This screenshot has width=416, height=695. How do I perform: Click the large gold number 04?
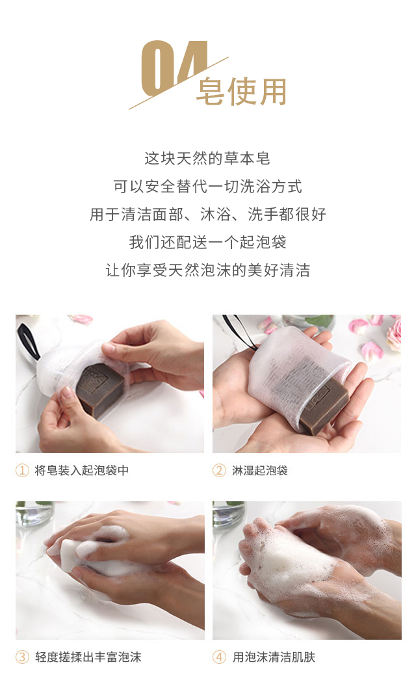click(x=174, y=68)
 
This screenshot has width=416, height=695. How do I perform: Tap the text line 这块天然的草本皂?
click(x=207, y=158)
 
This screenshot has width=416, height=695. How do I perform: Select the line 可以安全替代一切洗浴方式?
click(x=207, y=186)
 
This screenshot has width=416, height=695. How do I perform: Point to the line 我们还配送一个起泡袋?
click(x=207, y=242)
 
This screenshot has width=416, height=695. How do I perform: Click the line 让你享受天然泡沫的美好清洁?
click(x=207, y=270)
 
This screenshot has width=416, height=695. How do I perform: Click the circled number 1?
click(x=22, y=470)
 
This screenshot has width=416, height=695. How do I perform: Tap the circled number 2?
click(x=219, y=470)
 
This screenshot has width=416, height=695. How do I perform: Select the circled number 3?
click(x=22, y=657)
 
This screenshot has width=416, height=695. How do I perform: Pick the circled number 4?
click(x=219, y=657)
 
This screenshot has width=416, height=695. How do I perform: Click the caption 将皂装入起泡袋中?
click(x=82, y=470)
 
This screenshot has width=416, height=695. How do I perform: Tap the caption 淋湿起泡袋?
click(x=260, y=470)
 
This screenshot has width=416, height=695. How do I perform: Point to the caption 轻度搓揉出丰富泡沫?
click(x=88, y=657)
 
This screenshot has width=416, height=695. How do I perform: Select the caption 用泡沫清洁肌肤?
click(x=274, y=657)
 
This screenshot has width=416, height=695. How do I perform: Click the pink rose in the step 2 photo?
click(x=394, y=333)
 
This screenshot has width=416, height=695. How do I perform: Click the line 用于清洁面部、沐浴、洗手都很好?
click(x=207, y=214)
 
